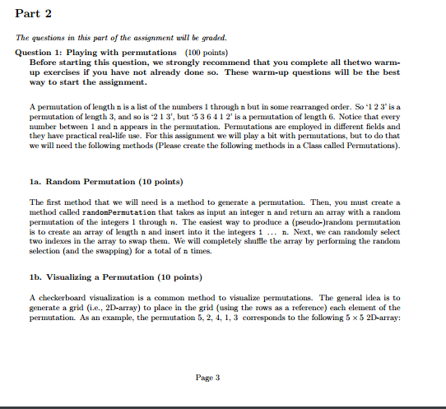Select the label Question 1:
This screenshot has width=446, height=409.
41,52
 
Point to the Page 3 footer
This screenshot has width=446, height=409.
209,378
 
